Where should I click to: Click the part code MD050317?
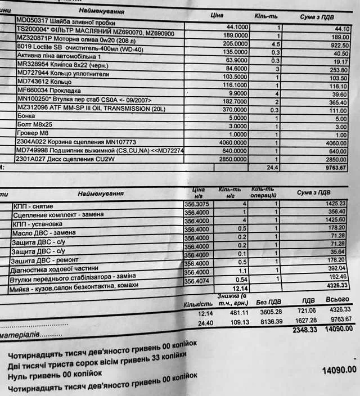tap(32, 20)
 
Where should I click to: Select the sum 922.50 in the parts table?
tap(338, 45)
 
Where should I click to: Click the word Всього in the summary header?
tap(337, 300)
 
